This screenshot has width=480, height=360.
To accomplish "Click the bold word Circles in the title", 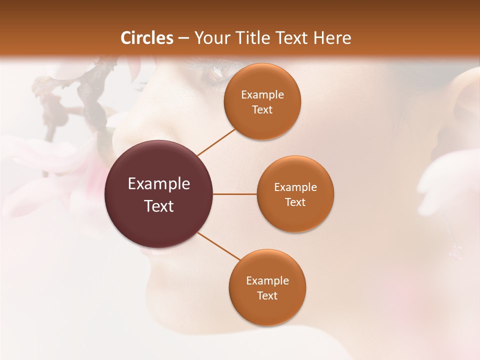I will pos(147,38).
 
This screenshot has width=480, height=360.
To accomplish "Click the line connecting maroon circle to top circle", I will pos(216,142).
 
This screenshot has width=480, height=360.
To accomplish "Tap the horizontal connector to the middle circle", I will pos(234,194).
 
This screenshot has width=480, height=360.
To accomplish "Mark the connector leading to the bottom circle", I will pos(219,246).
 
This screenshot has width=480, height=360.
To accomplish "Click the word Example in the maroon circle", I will pos(159,184).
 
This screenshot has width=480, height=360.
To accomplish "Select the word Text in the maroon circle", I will pos(159,206).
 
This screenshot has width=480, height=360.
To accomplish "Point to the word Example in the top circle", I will pos(262,95).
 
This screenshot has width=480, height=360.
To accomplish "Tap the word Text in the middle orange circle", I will pos(295,202).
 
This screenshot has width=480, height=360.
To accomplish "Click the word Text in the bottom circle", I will pos(267,295).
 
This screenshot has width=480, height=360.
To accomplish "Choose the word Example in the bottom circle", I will pos(267,281).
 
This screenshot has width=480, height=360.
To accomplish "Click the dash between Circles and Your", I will pos(183,38).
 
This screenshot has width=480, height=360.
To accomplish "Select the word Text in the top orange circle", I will pos(262,110).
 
